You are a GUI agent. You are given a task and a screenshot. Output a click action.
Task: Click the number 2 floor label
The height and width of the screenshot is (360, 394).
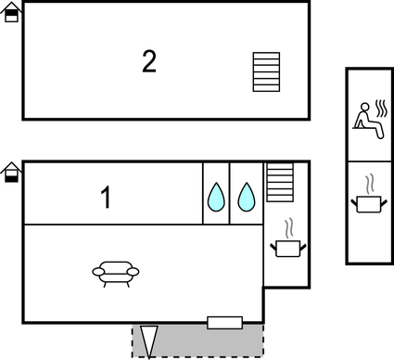coord(149,62)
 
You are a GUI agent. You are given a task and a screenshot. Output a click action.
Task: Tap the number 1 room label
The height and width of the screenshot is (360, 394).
coord(106,198)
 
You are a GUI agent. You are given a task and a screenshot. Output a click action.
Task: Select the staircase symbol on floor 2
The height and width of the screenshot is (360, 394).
coord(266,71)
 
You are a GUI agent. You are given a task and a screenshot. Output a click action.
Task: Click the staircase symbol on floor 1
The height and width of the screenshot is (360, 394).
coord(280,182)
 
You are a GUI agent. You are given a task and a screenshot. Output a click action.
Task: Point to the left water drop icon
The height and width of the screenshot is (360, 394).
coord(216,197)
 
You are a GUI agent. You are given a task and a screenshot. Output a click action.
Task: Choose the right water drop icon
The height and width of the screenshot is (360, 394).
coord(246,197)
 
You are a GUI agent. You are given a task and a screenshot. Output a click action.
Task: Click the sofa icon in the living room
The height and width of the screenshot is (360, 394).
coord(116,272)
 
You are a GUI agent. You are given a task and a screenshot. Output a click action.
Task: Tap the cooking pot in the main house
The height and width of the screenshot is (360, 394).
coord(286,248)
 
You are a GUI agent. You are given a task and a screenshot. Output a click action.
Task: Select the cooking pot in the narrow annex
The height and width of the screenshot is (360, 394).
coord(368,202)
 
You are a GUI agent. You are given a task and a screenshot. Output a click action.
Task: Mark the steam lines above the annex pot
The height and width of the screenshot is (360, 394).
coord(369,181)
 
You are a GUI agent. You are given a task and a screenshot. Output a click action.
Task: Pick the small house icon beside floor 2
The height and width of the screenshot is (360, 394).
coord(11,12)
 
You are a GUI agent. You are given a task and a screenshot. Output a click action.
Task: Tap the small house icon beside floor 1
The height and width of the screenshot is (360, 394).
coord(11,172)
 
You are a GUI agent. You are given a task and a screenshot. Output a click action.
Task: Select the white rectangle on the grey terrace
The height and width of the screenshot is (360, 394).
coord(224,322)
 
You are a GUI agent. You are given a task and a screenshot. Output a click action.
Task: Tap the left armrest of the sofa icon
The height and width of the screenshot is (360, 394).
coord(97,271)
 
